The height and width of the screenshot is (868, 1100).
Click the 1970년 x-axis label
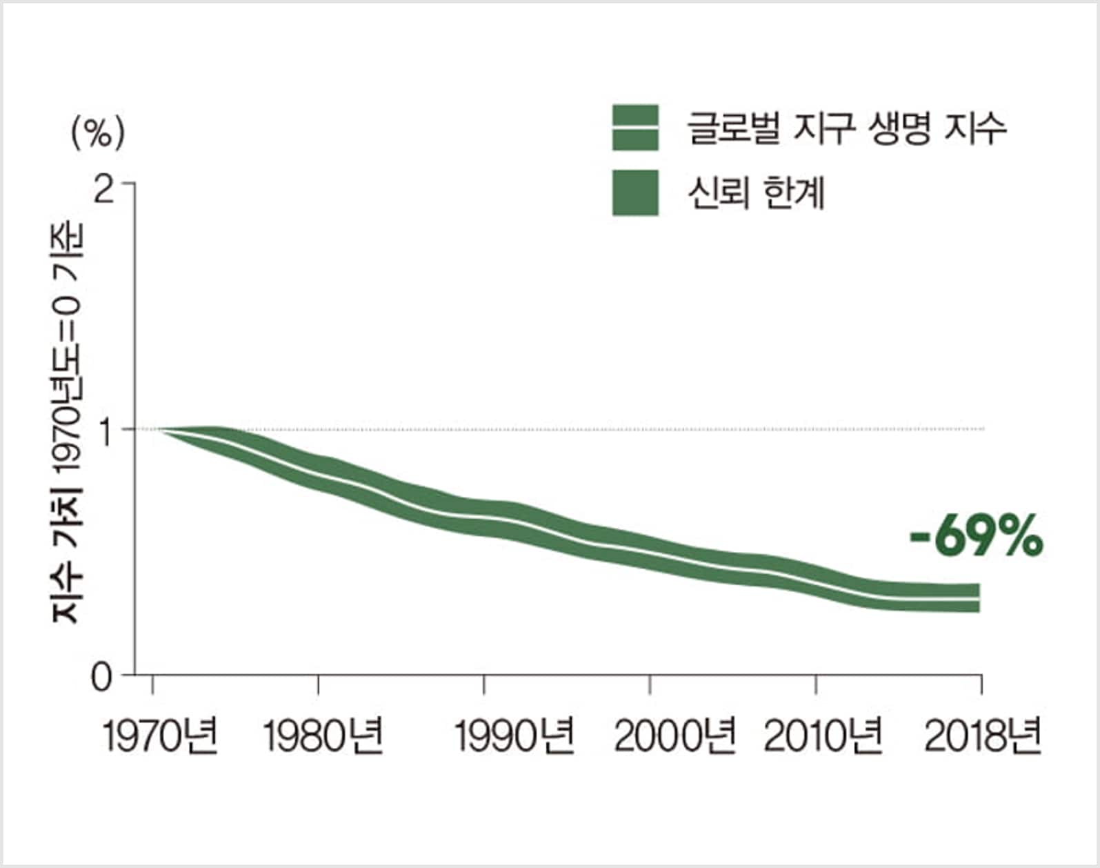coord(160,737)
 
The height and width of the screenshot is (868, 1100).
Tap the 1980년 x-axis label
coord(323,737)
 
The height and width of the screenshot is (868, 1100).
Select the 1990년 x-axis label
coord(514,737)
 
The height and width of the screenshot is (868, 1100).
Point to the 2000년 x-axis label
coord(674,737)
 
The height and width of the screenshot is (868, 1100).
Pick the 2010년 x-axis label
coord(823,737)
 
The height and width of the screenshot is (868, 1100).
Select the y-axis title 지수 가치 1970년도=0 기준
coord(68,422)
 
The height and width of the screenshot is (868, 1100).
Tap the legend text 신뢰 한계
coord(756,193)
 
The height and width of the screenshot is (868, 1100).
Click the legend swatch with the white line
coord(635,128)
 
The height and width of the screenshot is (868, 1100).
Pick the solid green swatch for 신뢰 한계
coord(635,193)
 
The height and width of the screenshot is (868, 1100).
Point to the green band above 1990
coord(484,517)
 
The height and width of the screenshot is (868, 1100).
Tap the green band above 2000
coord(650,553)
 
